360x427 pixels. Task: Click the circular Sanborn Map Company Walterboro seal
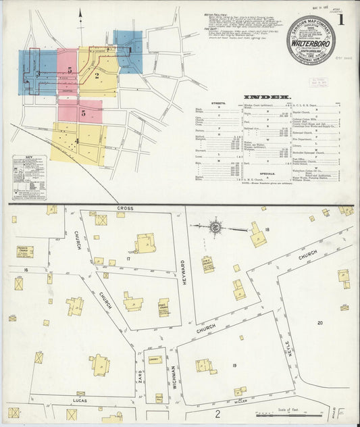pos(311,40)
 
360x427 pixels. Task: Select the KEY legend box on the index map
pos(28,177)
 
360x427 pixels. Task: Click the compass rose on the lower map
pos(215,228)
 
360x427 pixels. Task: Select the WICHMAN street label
pos(174,376)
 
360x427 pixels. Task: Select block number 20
pos(320,323)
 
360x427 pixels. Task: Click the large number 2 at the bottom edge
pos(217,414)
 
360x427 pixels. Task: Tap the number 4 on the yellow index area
pos(77,141)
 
